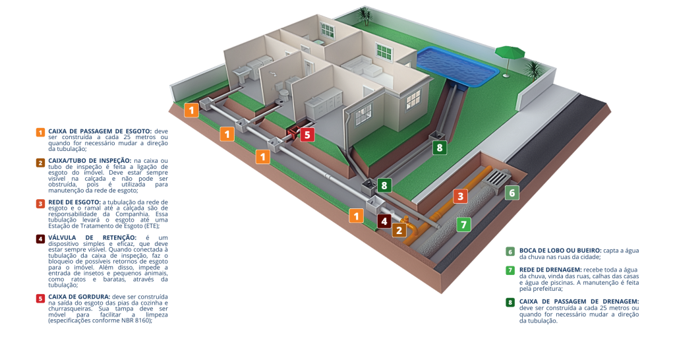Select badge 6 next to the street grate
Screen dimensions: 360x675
coord(512,193)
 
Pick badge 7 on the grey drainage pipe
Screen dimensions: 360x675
coord(464,224)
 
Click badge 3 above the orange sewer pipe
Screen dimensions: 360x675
coord(461,196)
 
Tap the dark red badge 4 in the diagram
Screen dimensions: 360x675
coord(384,222)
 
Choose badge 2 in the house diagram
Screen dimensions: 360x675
coord(398,231)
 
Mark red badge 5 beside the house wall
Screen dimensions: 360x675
coord(307,135)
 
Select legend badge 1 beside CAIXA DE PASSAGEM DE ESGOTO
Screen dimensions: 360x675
coord(40,132)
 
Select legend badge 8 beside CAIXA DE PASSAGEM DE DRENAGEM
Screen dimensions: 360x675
coord(510,303)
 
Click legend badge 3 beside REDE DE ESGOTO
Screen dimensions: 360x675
coord(40,203)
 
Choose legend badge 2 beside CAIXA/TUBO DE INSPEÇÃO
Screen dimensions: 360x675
coord(40,162)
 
